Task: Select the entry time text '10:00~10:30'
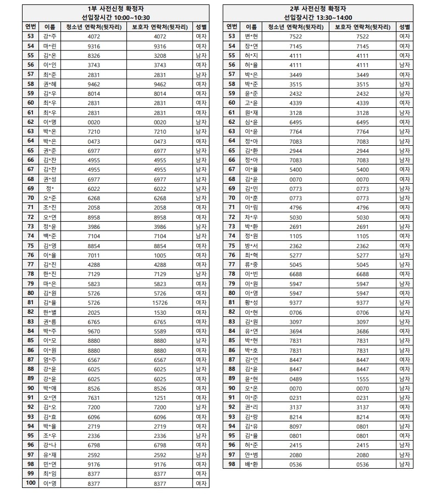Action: point(130,18)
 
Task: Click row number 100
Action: point(30,484)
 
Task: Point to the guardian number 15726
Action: point(159,303)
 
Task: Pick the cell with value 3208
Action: point(159,56)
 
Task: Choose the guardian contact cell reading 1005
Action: point(159,255)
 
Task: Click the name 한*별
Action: point(49,312)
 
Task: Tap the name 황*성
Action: point(251,303)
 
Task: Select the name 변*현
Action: point(251,36)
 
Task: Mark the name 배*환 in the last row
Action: point(251,464)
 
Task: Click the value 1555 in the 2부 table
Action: point(362,378)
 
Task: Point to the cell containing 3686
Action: point(362,331)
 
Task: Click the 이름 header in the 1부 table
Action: point(49,27)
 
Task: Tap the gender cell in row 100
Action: point(201,484)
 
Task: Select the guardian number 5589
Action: point(159,331)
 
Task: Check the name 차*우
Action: point(251,217)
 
